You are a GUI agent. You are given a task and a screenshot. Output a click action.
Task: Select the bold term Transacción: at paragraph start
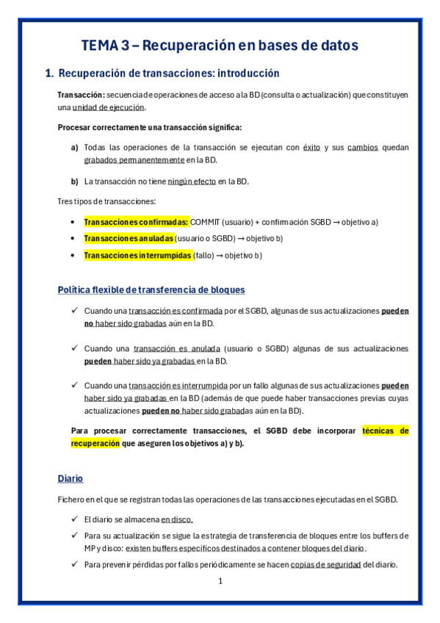[x=81, y=95]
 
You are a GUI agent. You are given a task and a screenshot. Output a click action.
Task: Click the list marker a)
[x=74, y=147]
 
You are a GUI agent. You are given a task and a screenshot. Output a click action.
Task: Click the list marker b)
[x=74, y=181]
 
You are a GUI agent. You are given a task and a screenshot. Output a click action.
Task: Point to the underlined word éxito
[x=311, y=147]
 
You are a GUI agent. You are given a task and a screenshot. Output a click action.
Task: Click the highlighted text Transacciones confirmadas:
[x=137, y=222]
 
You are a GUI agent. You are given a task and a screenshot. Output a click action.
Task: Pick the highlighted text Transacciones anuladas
[x=129, y=239]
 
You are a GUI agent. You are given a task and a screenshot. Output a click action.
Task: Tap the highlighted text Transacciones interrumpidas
[x=137, y=256]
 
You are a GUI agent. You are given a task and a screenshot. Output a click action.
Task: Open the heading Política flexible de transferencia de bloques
[x=151, y=289]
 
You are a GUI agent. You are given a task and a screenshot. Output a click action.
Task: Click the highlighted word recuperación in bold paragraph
[x=94, y=444]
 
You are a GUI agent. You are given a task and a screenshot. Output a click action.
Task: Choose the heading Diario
[x=71, y=478]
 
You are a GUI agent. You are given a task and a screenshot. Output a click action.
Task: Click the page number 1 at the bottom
[x=220, y=582]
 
